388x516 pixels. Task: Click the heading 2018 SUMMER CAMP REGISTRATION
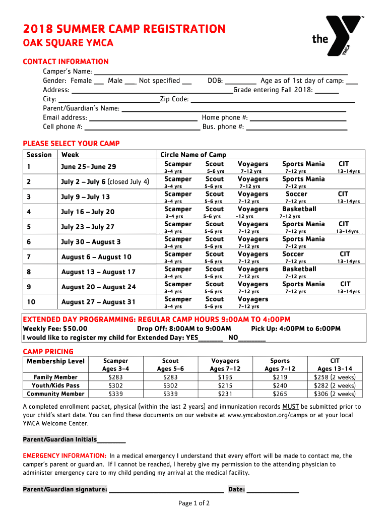pyautogui.click(x=124, y=29)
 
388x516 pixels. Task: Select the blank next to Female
pyautogui.click(x=99, y=82)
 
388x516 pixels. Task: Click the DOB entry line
pyautogui.click(x=240, y=82)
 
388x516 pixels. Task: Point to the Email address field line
pyautogui.click(x=143, y=118)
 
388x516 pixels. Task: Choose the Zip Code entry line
pyautogui.click(x=273, y=100)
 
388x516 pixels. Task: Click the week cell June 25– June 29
pyautogui.click(x=89, y=167)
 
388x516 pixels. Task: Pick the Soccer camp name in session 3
pyautogui.click(x=296, y=194)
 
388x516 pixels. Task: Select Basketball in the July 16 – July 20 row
pyautogui.click(x=299, y=209)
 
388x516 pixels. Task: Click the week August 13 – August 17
pyautogui.click(x=98, y=272)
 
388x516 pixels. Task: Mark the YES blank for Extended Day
pyautogui.click(x=211, y=339)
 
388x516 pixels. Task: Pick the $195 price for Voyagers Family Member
pyautogui.click(x=225, y=377)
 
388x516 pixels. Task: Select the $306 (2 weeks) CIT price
pyautogui.click(x=335, y=394)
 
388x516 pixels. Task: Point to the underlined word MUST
pyautogui.click(x=291, y=407)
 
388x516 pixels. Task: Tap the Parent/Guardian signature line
pyautogui.click(x=166, y=490)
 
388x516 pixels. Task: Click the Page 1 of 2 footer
pyautogui.click(x=194, y=503)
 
